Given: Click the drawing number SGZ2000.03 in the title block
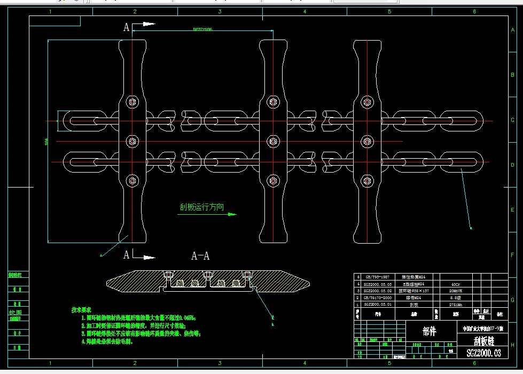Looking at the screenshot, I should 483,353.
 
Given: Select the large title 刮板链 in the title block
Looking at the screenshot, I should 483,340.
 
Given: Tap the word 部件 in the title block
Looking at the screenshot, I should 429,331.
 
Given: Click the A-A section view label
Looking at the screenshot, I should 200,256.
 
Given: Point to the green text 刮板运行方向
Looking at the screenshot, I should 201,207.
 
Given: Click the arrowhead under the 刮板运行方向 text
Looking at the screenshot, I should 232,214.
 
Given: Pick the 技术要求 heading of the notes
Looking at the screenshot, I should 81,310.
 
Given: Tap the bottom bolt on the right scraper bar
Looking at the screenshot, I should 367,180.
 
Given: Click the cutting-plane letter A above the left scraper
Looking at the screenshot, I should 127,27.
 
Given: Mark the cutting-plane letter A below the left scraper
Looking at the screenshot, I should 127,255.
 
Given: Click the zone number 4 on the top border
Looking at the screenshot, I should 305,11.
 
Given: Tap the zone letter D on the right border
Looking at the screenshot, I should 513,165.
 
